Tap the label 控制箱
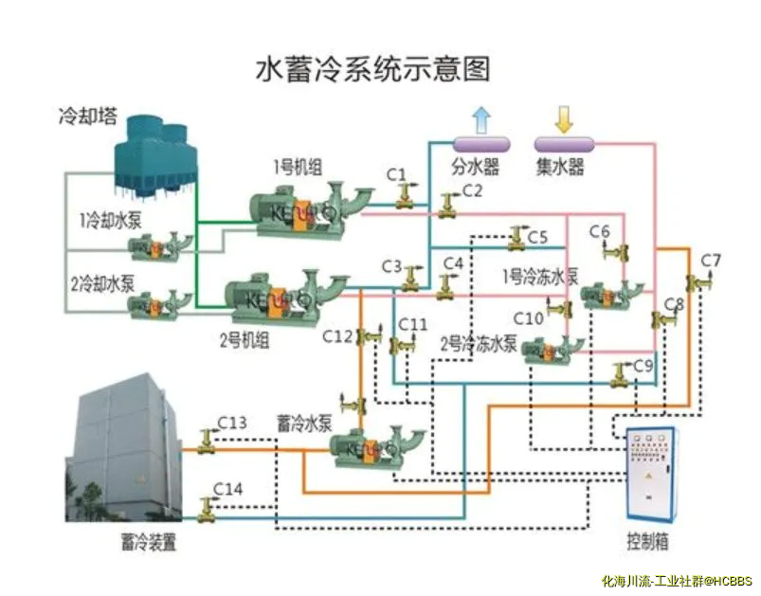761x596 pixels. coord(647,542)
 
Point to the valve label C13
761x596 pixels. coord(231,422)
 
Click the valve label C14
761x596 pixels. coord(227,488)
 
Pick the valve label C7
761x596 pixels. coord(711,261)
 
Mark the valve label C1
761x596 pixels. coord(396,174)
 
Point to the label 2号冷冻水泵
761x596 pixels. coord(479,343)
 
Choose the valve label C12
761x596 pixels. coord(337,335)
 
